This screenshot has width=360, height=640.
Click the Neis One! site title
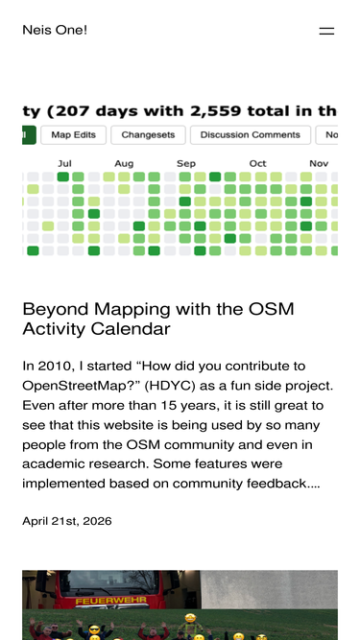[55, 30]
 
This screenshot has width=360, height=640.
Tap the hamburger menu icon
[326, 31]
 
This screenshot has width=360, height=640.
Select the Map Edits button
[74, 135]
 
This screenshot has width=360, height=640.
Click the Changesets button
[148, 135]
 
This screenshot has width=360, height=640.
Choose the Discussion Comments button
[251, 135]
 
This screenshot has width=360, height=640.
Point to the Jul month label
[64, 164]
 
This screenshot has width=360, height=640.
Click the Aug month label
[124, 164]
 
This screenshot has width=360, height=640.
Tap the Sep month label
[186, 164]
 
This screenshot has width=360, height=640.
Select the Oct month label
[257, 164]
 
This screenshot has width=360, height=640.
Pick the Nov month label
[319, 164]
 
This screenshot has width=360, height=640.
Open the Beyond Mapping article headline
[158, 319]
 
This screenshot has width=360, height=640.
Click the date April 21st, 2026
[67, 521]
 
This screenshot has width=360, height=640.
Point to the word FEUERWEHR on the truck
[111, 602]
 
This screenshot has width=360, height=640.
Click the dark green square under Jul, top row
[62, 177]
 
